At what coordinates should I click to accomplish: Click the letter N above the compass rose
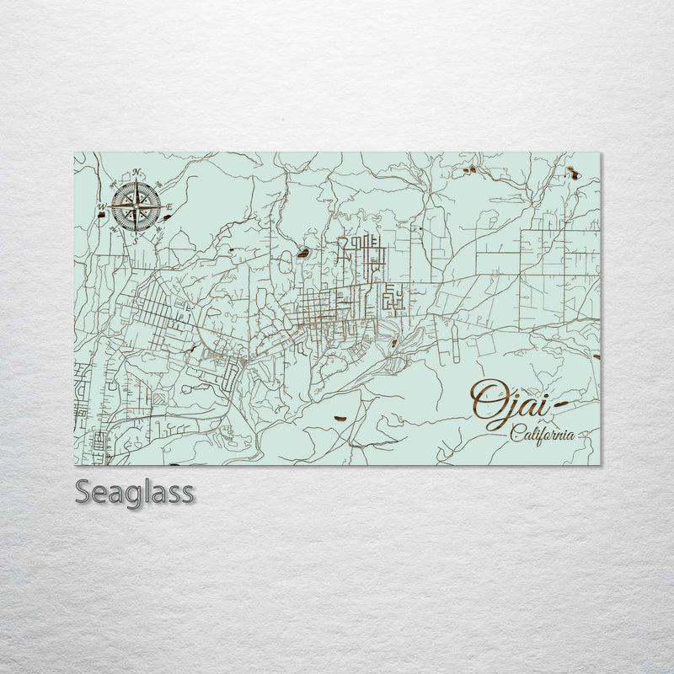pos(136,174)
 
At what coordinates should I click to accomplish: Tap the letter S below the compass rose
pos(135,240)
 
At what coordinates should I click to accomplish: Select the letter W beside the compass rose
pos(101,207)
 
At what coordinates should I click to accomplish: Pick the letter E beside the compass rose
pos(168,207)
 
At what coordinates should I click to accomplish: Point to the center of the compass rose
pos(135,206)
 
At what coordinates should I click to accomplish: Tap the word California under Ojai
pos(543,435)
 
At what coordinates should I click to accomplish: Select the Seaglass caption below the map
pos(134,492)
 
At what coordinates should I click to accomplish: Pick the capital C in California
pos(515,435)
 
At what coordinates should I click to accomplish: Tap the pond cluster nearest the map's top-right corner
pos(573,174)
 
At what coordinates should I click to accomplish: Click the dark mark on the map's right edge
pos(597,356)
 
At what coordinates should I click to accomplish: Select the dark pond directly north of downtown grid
pos(302,252)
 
